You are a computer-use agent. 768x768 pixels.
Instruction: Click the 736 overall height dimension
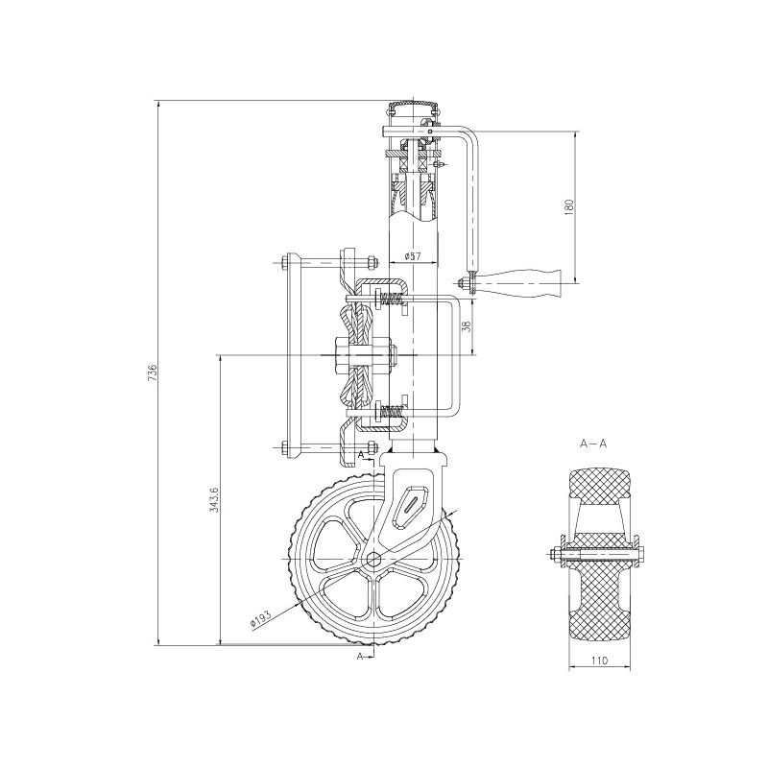pyautogui.click(x=152, y=372)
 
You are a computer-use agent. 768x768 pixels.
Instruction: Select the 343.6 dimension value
pyautogui.click(x=214, y=499)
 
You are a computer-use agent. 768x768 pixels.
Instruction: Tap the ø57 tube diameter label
pyautogui.click(x=413, y=256)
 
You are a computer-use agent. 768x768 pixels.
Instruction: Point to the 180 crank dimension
pyautogui.click(x=568, y=206)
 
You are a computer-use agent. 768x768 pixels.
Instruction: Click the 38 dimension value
pyautogui.click(x=467, y=326)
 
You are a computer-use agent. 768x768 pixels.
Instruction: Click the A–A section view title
pyautogui.click(x=594, y=444)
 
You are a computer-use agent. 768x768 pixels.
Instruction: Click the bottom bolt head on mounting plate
pyautogui.click(x=285, y=445)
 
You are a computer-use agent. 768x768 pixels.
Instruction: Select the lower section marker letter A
pyautogui.click(x=360, y=656)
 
